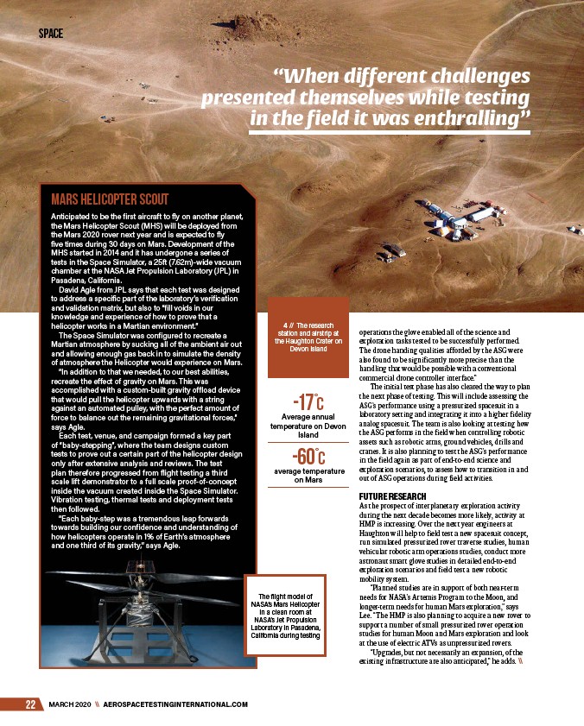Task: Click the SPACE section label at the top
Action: pos(51,35)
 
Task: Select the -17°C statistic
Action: pos(308,402)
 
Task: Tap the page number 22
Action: pos(30,704)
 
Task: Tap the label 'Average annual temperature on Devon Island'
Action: pos(308,426)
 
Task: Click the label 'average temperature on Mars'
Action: pos(308,475)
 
